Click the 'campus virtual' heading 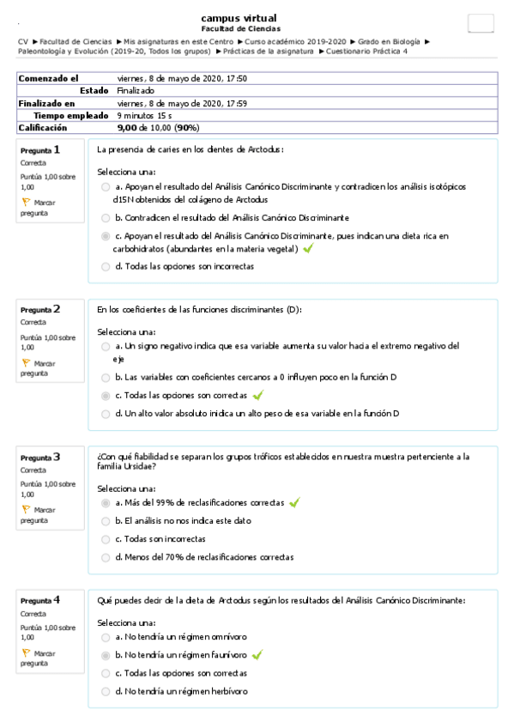pyautogui.click(x=239, y=18)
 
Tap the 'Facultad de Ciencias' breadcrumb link pyautogui.click(x=76, y=41)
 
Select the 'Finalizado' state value pyautogui.click(x=136, y=90)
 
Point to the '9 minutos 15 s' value pyautogui.click(x=144, y=115)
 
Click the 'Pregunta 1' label pyautogui.click(x=40, y=150)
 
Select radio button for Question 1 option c pyautogui.click(x=105, y=235)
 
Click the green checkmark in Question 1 pyautogui.click(x=308, y=249)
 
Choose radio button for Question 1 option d pyautogui.click(x=105, y=266)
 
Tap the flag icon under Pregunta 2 pyautogui.click(x=26, y=363)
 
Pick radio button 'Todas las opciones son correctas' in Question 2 pyautogui.click(x=105, y=396)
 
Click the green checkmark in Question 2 pyautogui.click(x=257, y=396)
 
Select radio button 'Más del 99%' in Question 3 pyautogui.click(x=105, y=503)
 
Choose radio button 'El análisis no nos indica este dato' pyautogui.click(x=105, y=521)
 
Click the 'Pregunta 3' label pyautogui.click(x=40, y=458)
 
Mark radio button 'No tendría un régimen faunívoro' pyautogui.click(x=105, y=655)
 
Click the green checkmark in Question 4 pyautogui.click(x=257, y=655)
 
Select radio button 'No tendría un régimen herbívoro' pyautogui.click(x=105, y=691)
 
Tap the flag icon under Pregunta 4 pyautogui.click(x=26, y=652)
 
